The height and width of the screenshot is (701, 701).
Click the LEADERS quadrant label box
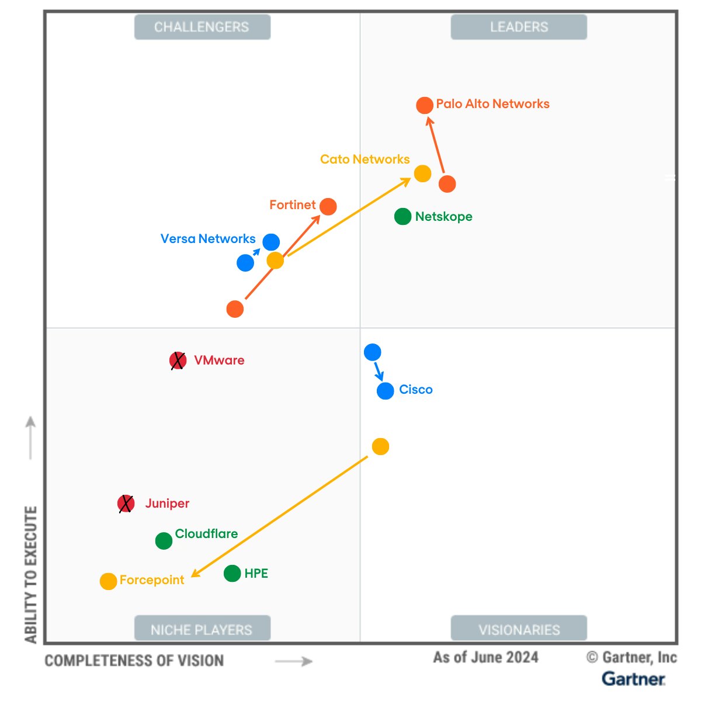coord(519,27)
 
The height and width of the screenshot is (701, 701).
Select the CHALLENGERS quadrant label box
coord(202,27)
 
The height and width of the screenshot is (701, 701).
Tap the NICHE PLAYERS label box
coord(202,629)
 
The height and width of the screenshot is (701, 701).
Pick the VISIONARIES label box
coord(519,629)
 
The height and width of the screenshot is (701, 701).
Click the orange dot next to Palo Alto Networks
coord(425,105)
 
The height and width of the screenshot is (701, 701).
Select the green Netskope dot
coord(402,217)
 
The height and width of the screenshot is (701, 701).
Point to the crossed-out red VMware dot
coord(178,361)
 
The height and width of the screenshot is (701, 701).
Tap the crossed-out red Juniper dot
coord(126,504)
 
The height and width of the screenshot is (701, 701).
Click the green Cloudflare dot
coord(164,541)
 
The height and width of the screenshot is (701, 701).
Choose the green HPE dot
coord(232,574)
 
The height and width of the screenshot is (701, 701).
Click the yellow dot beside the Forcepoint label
coord(108,581)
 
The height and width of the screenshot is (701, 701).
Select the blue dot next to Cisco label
coord(385,391)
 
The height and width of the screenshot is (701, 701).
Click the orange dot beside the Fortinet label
coord(328,206)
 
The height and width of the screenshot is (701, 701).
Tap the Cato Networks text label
coord(365,159)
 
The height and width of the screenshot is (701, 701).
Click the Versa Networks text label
coord(208,239)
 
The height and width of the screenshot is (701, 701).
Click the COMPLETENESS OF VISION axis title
coord(134,661)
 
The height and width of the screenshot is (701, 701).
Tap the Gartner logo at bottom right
coord(633,679)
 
